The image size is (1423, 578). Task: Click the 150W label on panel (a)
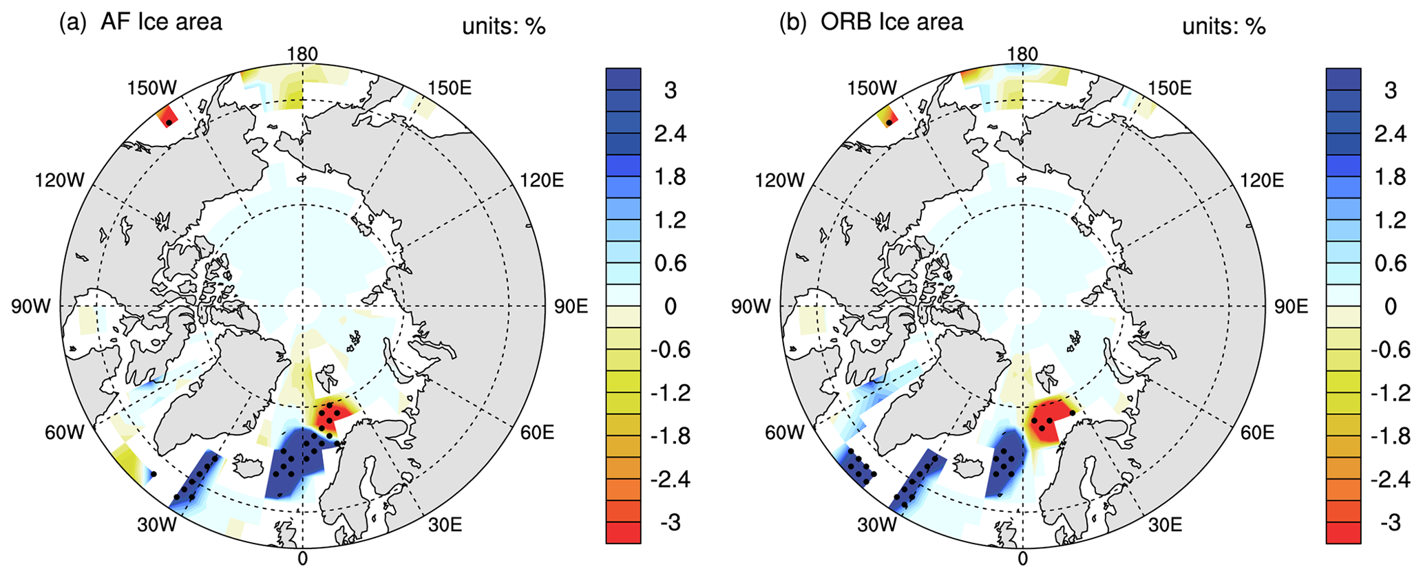pos(152,88)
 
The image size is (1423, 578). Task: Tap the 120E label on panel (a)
pos(542,181)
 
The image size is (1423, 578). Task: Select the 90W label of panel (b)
pos(750,307)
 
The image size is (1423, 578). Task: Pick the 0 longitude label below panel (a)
pos(302,559)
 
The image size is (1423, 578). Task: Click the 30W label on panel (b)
pos(876,525)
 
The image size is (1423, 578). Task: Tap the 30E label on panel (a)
pos(445,525)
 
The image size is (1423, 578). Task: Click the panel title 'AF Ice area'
pos(161,22)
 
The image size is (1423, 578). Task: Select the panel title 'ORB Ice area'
pos(892,22)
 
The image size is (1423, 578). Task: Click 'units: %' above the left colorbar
pos(504,26)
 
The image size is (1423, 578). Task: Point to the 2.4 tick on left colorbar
pos(670,133)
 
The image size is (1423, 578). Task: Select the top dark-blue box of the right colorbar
pos(1343,78)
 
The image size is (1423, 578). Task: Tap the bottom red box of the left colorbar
pos(623,533)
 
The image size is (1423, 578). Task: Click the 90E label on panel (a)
pos(571,307)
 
